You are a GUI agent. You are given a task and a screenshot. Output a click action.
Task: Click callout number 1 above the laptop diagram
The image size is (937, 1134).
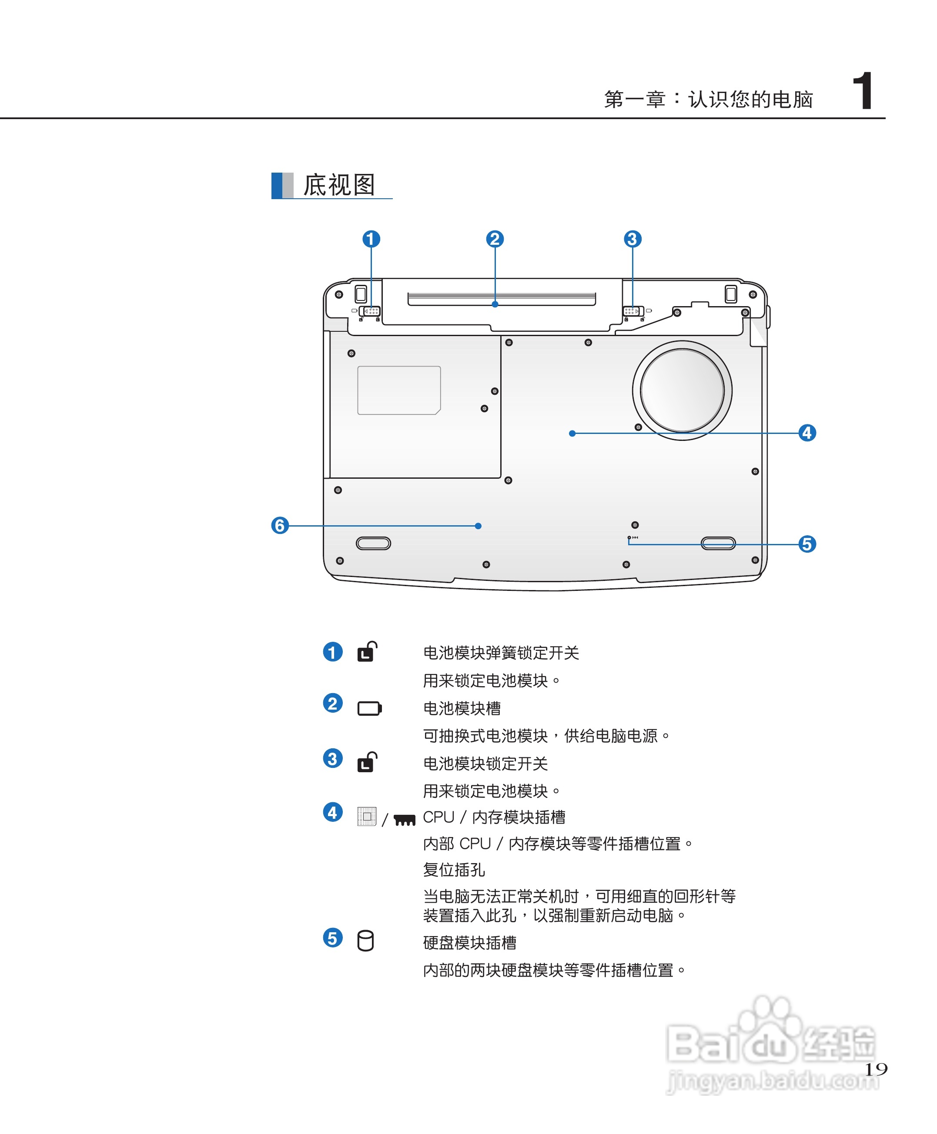point(371,239)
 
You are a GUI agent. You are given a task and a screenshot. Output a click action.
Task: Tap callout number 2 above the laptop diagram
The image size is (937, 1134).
point(495,239)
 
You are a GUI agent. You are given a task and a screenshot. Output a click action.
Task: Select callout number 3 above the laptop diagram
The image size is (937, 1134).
point(632,239)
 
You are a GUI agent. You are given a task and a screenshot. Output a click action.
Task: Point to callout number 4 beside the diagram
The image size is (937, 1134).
point(807,433)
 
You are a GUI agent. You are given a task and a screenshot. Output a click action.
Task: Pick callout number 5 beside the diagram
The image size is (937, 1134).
point(807,544)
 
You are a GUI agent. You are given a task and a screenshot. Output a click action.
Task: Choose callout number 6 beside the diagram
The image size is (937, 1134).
point(280,525)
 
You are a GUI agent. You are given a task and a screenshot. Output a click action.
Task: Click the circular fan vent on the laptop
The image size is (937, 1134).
point(682,390)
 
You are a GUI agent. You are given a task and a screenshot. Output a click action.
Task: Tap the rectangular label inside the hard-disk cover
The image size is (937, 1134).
point(399,390)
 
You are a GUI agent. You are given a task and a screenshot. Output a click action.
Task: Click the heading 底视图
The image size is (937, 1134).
point(339,185)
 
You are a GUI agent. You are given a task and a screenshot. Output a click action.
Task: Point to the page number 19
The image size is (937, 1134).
point(876,1069)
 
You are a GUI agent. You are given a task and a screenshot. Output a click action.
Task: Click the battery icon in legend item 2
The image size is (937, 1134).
point(369,708)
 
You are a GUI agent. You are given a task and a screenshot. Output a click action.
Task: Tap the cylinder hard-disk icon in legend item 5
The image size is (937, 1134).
point(365,941)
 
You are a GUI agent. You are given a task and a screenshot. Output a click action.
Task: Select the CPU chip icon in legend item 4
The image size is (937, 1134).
point(366,816)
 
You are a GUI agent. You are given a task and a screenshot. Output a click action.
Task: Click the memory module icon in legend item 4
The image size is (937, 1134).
point(404,820)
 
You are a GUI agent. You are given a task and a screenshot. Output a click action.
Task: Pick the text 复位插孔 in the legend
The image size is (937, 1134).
point(454,869)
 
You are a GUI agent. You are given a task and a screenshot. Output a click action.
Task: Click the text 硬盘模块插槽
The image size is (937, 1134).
point(469,943)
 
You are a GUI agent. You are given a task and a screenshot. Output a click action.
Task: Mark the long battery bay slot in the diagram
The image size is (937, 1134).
point(502,298)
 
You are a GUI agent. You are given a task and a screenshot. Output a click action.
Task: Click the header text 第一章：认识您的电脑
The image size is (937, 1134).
point(708,99)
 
